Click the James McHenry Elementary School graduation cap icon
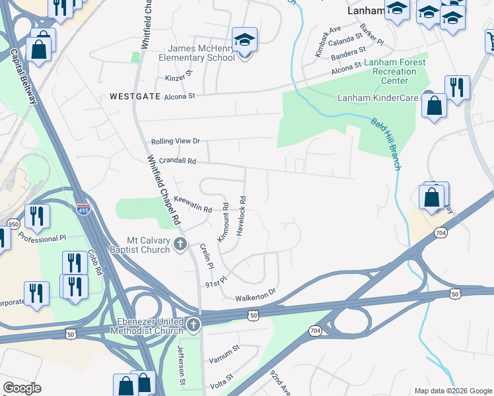244,40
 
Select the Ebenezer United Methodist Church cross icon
193,324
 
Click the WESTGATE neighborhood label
135,96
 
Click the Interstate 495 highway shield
83,209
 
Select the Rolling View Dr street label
175,141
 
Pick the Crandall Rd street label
173,160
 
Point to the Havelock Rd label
242,216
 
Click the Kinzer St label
178,79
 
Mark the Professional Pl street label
42,236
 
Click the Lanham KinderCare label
379,98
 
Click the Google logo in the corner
22,388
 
